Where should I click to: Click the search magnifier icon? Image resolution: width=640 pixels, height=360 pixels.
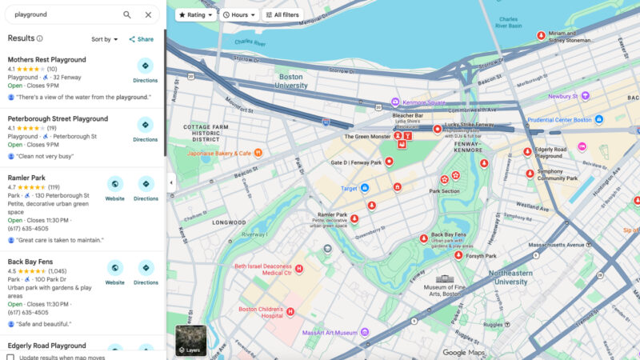point(127,14)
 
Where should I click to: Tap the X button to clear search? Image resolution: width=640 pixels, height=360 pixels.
point(148,14)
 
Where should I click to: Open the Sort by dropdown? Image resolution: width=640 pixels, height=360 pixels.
point(104,39)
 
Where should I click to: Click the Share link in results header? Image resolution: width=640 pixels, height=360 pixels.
point(142,39)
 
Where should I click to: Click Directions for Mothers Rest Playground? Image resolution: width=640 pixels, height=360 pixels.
point(146,70)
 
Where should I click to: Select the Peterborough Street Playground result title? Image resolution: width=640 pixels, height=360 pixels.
point(58,118)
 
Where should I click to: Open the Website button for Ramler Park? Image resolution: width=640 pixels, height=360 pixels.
point(115,188)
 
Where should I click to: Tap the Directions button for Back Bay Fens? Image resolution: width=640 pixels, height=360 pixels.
point(146,272)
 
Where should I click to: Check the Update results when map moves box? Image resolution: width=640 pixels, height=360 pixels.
point(11,358)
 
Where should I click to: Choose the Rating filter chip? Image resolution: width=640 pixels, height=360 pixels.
point(195,14)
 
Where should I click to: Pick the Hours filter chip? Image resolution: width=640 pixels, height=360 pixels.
point(239,14)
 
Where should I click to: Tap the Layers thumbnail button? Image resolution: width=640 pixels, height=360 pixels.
point(190,340)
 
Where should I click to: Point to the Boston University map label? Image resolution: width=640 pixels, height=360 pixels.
point(290,82)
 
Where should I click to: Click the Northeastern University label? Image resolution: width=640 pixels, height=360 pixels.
point(499,276)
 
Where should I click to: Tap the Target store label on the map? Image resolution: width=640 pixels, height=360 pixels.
point(350,188)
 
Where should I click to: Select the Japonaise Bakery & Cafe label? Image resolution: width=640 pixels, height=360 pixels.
point(219,153)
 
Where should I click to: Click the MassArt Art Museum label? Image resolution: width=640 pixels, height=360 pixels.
point(330,332)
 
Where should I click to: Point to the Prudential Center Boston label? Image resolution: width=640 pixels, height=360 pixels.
point(560,120)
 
